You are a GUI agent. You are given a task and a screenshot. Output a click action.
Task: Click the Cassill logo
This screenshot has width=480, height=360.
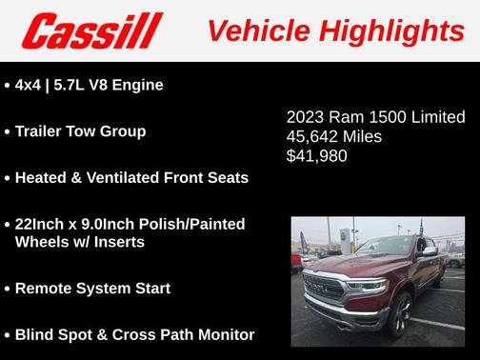92,30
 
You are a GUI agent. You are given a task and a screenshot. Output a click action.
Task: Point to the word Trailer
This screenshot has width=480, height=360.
42,131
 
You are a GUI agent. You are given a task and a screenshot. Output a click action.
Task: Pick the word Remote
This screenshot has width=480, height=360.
43,288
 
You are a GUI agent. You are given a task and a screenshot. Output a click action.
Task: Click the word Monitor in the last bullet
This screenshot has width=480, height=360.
222,334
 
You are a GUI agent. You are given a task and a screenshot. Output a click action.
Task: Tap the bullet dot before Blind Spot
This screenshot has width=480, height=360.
7,335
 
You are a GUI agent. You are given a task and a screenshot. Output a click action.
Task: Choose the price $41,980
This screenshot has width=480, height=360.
317,155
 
